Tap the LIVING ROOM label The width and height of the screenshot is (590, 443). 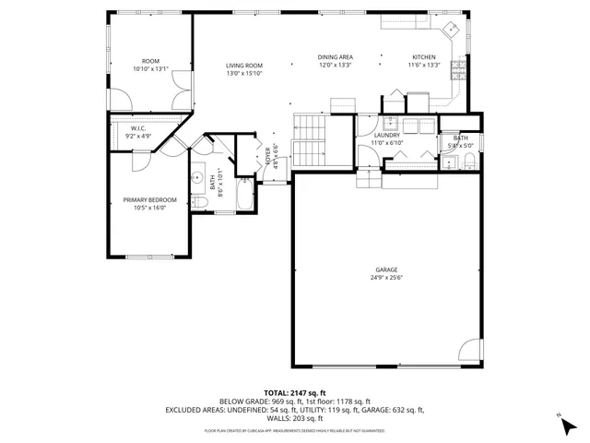coord(245,66)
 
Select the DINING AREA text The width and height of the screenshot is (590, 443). coord(336,57)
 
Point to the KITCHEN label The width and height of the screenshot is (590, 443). coord(424,57)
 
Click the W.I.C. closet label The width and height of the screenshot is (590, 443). coord(138,128)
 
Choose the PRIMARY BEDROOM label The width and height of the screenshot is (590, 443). coord(148,199)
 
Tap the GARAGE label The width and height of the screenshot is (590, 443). coord(387,269)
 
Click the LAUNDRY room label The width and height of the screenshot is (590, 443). coord(387,135)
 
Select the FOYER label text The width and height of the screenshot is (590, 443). coord(269,154)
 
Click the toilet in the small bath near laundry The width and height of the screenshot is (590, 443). coord(468,162)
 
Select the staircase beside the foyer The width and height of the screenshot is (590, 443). coord(310,138)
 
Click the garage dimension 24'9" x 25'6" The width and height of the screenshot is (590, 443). coord(387,278)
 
